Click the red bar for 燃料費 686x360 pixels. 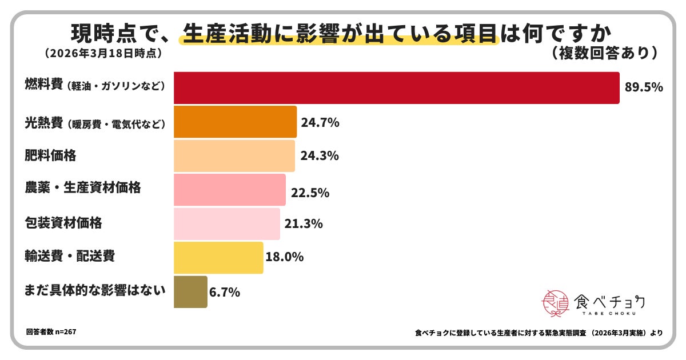[x=396, y=88]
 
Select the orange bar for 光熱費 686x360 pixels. [x=235, y=122]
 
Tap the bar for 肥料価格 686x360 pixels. [x=234, y=155]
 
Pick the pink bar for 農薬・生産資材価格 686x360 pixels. [x=229, y=190]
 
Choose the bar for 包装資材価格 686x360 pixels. [x=227, y=223]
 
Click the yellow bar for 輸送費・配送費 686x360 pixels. [x=218, y=258]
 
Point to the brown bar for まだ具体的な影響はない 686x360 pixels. [x=190, y=292]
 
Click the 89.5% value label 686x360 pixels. [x=644, y=88]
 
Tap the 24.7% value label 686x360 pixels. [x=321, y=122]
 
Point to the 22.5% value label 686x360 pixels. [x=310, y=193]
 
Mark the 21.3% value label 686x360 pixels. [x=304, y=223]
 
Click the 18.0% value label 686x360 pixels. [x=284, y=257]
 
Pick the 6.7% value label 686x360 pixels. [x=225, y=292]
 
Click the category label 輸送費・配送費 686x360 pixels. [x=70, y=255]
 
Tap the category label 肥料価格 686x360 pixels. [x=51, y=155]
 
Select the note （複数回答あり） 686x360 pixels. [x=605, y=53]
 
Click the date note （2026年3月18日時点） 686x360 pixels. [x=102, y=53]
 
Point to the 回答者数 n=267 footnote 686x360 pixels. [x=51, y=331]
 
